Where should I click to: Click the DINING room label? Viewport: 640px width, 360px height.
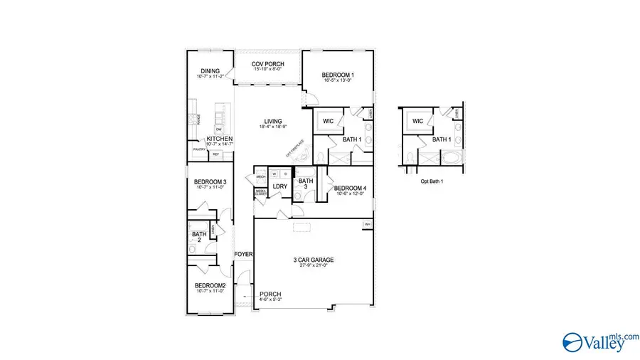210,71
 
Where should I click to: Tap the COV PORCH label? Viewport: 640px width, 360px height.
267,64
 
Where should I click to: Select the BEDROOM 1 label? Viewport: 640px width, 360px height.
338,75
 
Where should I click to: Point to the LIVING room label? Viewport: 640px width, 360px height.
273,122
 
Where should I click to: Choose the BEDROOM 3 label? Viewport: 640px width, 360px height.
210,182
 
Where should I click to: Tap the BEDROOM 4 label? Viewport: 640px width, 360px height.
351,189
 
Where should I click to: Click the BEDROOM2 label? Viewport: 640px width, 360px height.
210,286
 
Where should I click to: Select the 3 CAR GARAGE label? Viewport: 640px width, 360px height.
313,260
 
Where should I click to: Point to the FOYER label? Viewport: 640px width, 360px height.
244,254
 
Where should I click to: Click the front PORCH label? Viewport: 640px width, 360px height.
270,294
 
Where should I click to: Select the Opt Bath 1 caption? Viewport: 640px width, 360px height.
432,181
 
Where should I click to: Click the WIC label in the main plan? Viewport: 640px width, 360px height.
328,122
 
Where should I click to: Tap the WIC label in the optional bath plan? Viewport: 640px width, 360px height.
417,122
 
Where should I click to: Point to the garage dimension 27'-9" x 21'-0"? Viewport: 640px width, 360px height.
313,266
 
